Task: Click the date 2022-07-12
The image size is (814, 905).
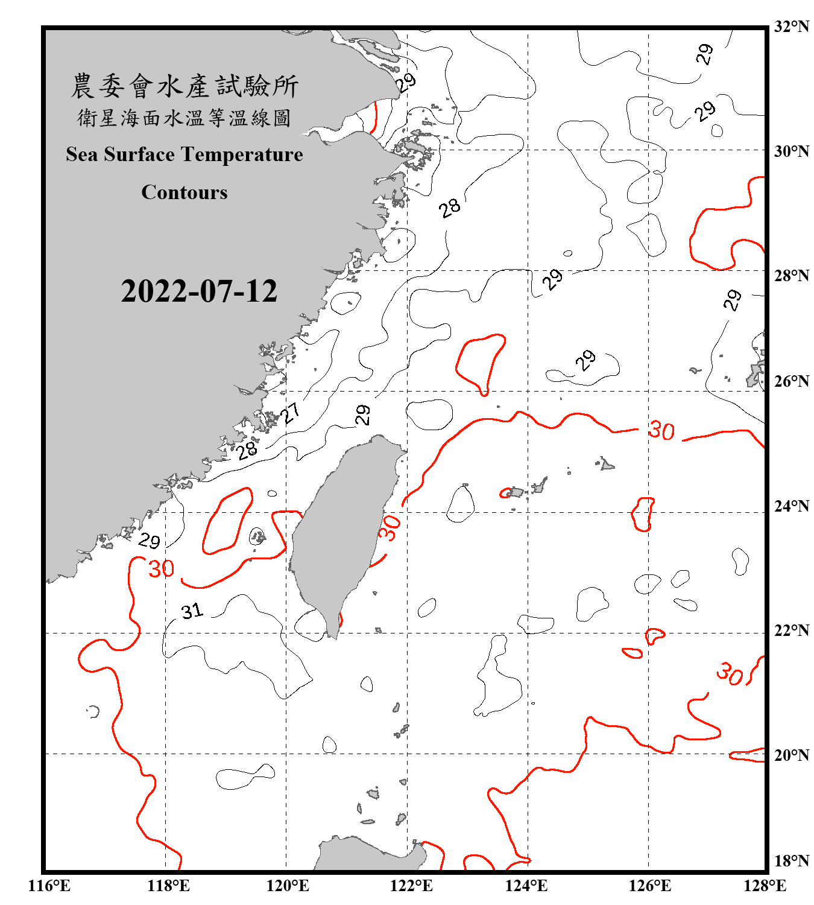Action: point(199,291)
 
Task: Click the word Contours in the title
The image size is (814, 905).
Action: point(185,192)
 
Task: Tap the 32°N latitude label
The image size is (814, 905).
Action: point(791,27)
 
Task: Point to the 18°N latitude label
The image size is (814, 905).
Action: point(791,861)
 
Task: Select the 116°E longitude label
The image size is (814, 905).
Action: point(49,886)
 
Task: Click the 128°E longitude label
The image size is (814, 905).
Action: point(765,886)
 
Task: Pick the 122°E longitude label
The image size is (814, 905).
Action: point(411,886)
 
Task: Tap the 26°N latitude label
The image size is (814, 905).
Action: point(791,381)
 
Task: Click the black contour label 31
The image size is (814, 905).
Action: point(192,612)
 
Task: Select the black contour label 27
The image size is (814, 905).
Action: point(291,413)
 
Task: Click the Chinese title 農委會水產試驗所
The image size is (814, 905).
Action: point(185,86)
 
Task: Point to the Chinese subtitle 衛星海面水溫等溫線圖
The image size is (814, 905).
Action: point(185,118)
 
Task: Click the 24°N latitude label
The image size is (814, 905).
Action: point(791,506)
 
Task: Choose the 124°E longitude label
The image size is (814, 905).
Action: point(526,886)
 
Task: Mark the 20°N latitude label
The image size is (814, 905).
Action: point(791,755)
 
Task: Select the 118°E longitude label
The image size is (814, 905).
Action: point(168,886)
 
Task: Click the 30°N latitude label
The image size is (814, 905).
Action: point(791,151)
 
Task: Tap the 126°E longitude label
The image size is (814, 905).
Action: point(649,886)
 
